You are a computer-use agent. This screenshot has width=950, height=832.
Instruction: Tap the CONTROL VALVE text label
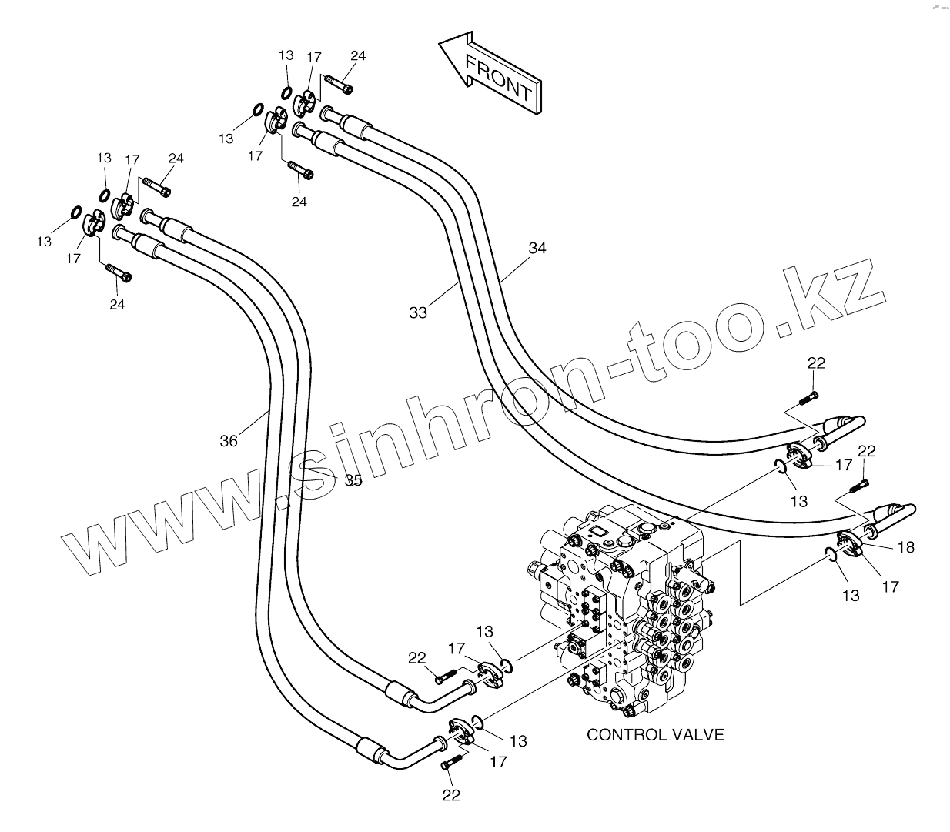(655, 734)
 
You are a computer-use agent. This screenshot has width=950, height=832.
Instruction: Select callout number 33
(417, 312)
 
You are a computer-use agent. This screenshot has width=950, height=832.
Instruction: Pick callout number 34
(537, 248)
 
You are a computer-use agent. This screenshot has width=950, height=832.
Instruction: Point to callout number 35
(353, 480)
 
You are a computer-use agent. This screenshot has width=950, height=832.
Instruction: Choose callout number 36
(229, 441)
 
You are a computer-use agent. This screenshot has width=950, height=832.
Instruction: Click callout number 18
(906, 547)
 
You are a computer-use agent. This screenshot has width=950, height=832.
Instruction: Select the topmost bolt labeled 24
(339, 84)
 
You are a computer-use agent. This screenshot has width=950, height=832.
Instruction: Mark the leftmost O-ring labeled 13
(75, 212)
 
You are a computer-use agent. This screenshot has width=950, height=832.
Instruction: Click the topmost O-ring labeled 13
(286, 94)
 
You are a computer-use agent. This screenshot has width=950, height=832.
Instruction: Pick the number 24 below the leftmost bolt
(117, 304)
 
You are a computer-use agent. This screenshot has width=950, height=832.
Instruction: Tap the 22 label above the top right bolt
(816, 363)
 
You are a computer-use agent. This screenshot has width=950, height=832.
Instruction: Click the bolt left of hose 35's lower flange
(444, 678)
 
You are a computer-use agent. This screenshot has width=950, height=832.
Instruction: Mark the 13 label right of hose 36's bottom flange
(518, 740)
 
